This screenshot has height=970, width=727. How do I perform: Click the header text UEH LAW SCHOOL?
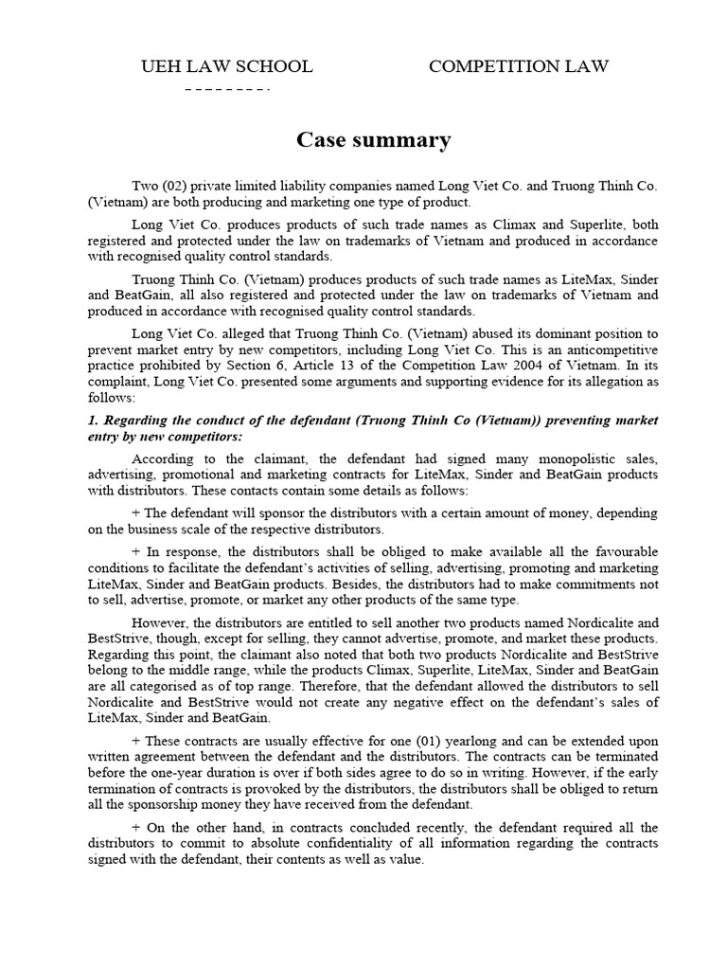226,66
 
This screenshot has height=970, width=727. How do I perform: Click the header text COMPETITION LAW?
519,66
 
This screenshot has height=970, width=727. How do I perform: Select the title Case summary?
374,140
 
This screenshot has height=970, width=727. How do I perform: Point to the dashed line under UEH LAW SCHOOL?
227,89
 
